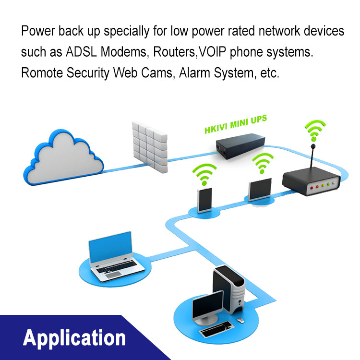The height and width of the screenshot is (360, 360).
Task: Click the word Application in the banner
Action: click(x=74, y=338)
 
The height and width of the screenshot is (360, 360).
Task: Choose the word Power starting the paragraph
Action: click(x=36, y=32)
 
